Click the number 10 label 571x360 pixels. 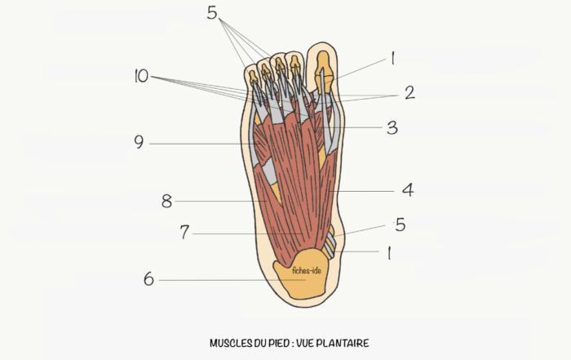pyautogui.click(x=141, y=76)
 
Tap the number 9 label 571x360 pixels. pyautogui.click(x=139, y=142)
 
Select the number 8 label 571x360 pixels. pyautogui.click(x=166, y=201)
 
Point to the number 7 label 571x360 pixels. pyautogui.click(x=185, y=232)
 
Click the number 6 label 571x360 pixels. pyautogui.click(x=148, y=279)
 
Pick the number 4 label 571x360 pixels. pyautogui.click(x=408, y=190)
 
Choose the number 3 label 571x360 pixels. pyautogui.click(x=392, y=127)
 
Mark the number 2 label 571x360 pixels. pyautogui.click(x=409, y=92)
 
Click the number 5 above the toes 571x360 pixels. pyautogui.click(x=212, y=12)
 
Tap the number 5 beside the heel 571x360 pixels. pyautogui.click(x=401, y=224)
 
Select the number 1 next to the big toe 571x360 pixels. pyautogui.click(x=392, y=58)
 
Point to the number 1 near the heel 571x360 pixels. pyautogui.click(x=389, y=252)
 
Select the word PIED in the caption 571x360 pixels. pyautogui.click(x=279, y=343)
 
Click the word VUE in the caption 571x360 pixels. pyautogui.click(x=304, y=343)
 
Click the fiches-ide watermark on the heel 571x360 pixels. pyautogui.click(x=307, y=271)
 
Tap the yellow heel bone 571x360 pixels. pyautogui.click(x=302, y=273)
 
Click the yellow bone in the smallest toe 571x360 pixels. pyautogui.click(x=253, y=78)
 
